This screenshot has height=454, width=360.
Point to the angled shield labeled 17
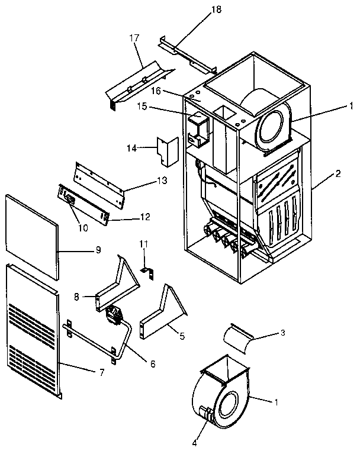click(x=139, y=83)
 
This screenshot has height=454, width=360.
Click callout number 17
click(x=133, y=37)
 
